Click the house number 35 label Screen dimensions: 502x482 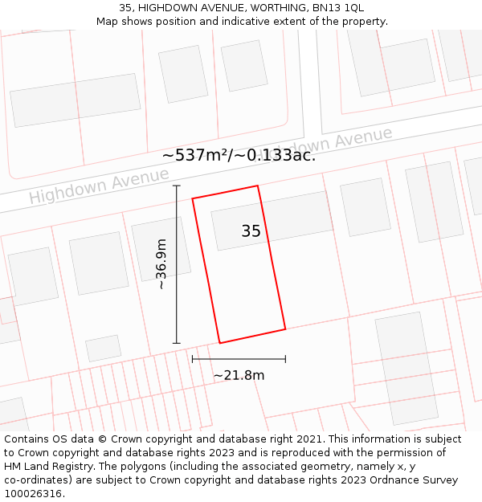click(x=251, y=231)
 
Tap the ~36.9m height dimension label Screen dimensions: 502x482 click(x=161, y=264)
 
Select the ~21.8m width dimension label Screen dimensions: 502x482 click(x=239, y=375)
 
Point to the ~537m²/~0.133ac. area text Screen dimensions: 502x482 click(x=239, y=155)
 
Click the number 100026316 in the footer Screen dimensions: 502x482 click(x=35, y=494)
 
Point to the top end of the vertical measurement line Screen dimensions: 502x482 click(x=177, y=186)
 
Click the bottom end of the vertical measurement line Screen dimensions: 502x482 click(x=177, y=343)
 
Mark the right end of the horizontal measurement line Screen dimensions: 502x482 click(x=285, y=359)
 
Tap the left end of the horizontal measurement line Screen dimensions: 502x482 click(x=193, y=359)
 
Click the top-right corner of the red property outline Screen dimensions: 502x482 click(x=257, y=186)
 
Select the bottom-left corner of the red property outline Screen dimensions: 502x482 click(x=220, y=343)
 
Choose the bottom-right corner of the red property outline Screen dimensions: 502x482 click(x=285, y=329)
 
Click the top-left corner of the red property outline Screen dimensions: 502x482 click(x=193, y=198)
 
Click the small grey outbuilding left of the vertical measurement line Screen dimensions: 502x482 click(x=103, y=348)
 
